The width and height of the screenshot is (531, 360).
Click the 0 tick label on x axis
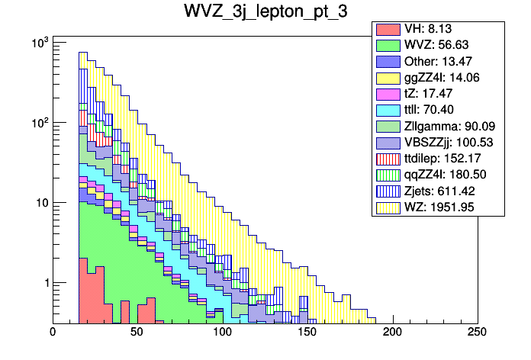click(53, 333)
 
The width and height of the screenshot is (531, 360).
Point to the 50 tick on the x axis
click(137, 333)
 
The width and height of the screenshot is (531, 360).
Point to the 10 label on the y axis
click(39, 203)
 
